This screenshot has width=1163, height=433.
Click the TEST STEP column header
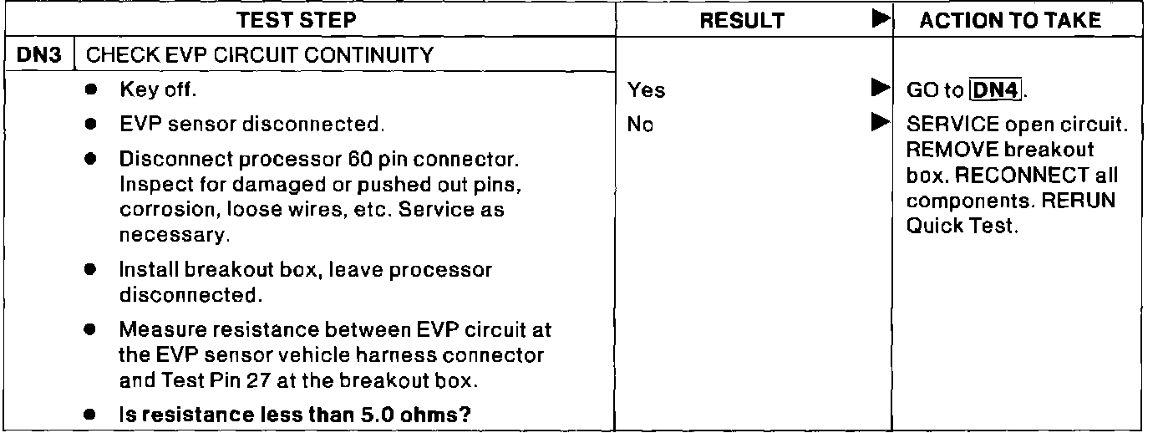(x=309, y=21)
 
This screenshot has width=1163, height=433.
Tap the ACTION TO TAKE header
(x=1009, y=21)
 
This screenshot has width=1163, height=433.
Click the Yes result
(x=649, y=89)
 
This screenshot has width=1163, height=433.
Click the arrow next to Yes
(x=877, y=88)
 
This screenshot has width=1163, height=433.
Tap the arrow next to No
(x=877, y=125)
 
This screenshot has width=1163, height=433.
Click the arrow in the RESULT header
(x=877, y=20)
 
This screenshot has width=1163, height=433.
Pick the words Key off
(x=157, y=89)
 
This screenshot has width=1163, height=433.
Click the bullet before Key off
(x=89, y=89)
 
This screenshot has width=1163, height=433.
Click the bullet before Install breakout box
(x=89, y=271)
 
